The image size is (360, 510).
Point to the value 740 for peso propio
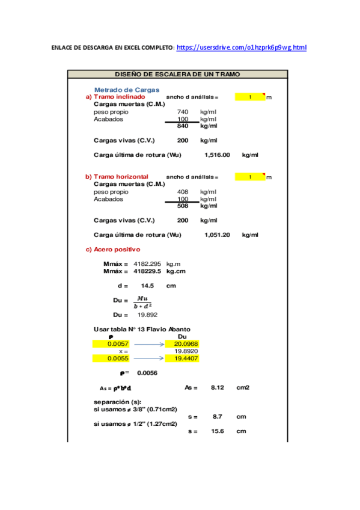(183, 112)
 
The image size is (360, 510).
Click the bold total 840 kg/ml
(183, 126)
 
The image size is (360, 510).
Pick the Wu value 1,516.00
(217, 155)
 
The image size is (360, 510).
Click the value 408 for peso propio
(183, 192)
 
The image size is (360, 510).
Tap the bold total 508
(183, 206)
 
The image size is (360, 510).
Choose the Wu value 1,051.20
(217, 235)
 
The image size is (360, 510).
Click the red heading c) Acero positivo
(113, 249)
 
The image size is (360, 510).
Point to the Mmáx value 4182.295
(147, 264)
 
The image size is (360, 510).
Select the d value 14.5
(147, 286)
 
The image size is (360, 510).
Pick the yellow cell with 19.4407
(186, 358)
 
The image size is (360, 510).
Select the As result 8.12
(217, 388)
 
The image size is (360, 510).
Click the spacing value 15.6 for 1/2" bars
(218, 431)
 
